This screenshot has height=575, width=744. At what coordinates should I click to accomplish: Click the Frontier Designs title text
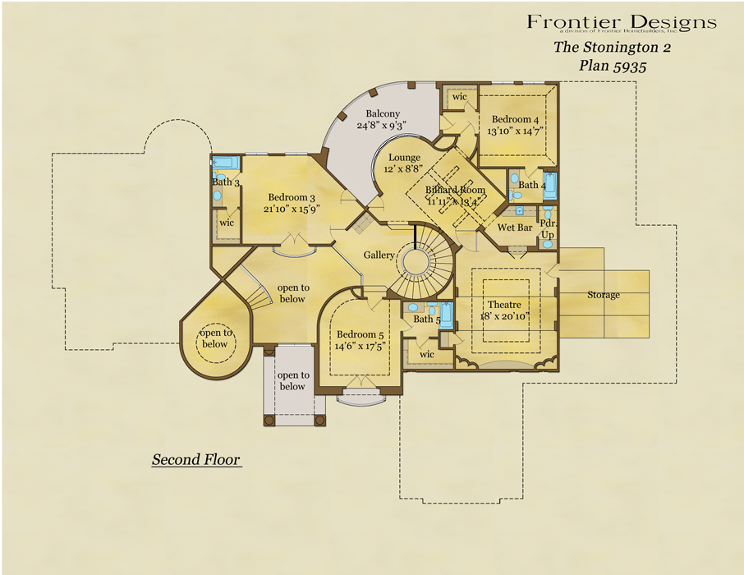coord(622,21)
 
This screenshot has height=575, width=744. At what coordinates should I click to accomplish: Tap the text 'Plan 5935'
coord(612,67)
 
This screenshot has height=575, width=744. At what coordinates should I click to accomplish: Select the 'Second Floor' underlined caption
coord(196,459)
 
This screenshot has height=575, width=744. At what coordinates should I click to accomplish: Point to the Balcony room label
coord(383,114)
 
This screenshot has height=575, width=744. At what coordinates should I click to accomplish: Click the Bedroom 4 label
coord(515,119)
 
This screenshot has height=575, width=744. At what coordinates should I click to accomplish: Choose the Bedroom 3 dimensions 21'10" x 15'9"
coord(291,209)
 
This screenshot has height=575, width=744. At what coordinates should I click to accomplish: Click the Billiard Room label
coord(455,190)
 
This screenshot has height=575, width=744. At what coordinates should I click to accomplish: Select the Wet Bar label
coord(515,227)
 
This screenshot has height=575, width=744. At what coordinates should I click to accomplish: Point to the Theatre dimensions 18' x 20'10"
coord(511,315)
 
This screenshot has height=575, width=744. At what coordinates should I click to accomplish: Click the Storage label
coord(604,295)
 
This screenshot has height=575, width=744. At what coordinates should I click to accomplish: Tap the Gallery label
coord(379,255)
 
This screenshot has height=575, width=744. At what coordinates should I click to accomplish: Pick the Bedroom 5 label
coord(360,334)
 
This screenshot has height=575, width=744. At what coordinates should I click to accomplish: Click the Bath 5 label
coord(427,319)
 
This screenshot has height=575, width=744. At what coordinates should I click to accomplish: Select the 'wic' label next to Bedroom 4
coord(460,97)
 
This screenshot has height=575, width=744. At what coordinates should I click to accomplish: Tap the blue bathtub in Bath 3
coord(226,163)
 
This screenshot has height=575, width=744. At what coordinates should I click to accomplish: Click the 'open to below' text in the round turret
coord(214,338)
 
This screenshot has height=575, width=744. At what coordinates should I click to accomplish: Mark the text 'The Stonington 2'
coord(612,47)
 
